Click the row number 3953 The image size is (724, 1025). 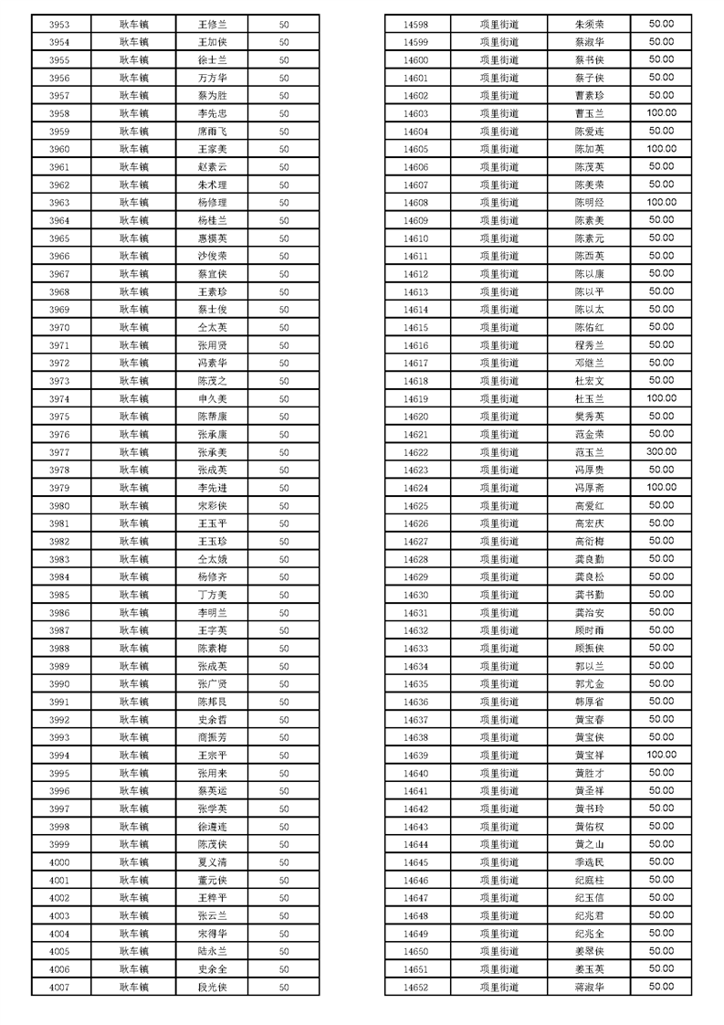pos(59,25)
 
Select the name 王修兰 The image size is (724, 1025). pos(212,25)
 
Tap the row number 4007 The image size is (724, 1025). pos(59,987)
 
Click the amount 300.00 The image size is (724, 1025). pos(661,451)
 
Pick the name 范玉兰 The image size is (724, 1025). pos(589,452)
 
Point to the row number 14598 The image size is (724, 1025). pos(415,25)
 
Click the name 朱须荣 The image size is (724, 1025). pos(589,25)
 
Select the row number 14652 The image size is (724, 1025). pos(415,987)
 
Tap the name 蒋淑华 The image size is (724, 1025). pos(589,987)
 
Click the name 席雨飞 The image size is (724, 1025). pos(212,132)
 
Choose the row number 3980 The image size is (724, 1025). pos(59,505)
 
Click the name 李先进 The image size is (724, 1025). pos(212,488)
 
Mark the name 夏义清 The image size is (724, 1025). pos(212,861)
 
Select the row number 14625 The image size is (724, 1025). pos(415,505)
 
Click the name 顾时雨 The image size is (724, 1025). pos(589,630)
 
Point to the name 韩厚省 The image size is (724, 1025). pos(589,702)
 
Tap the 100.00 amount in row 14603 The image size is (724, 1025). pos(661,113)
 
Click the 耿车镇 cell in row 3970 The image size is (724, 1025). pos(134,327)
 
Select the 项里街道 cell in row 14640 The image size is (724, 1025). pos(498,773)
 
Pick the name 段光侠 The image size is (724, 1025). pos(212,987)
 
